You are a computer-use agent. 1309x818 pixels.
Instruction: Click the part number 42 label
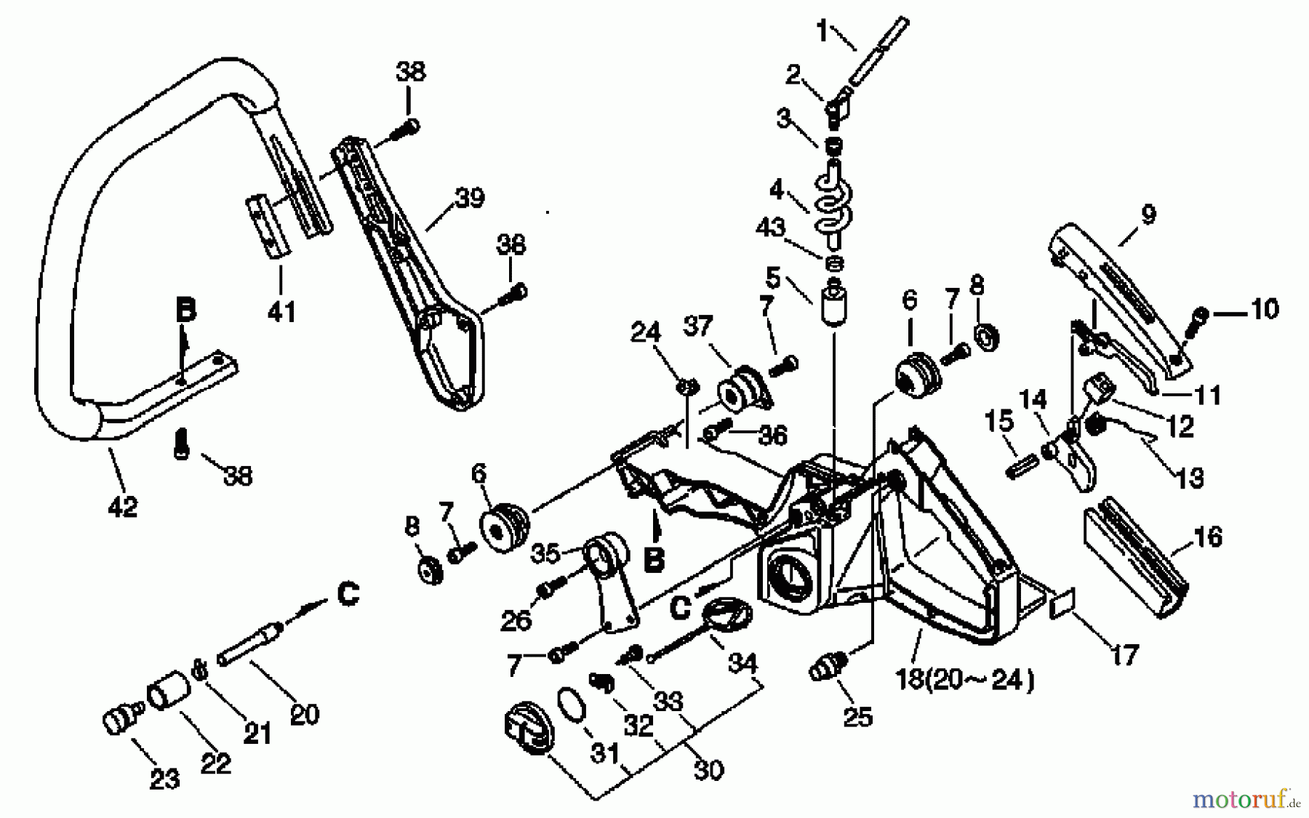122,506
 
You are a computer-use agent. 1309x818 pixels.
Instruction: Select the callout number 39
469,197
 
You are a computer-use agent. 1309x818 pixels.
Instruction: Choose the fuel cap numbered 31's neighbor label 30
709,769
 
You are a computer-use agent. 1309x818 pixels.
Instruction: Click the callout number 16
1208,537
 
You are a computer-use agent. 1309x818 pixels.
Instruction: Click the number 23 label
164,779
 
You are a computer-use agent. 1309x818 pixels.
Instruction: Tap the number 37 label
698,326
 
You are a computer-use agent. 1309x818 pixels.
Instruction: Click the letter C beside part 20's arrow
349,595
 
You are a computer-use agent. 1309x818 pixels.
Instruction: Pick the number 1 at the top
822,32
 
